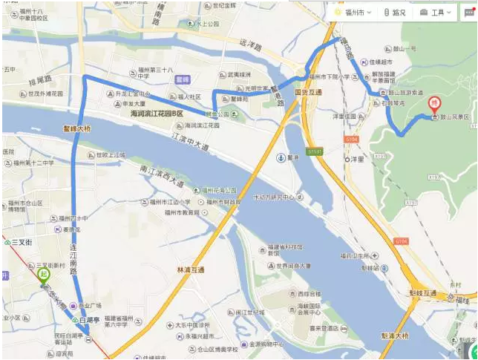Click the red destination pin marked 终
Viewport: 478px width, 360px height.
click(x=436, y=105)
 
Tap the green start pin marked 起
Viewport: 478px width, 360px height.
click(x=45, y=275)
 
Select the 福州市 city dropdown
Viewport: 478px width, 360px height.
click(x=353, y=13)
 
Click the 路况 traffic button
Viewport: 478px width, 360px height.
click(x=394, y=13)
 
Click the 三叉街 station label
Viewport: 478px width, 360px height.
click(x=21, y=242)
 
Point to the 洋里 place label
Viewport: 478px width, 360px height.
click(x=356, y=158)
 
